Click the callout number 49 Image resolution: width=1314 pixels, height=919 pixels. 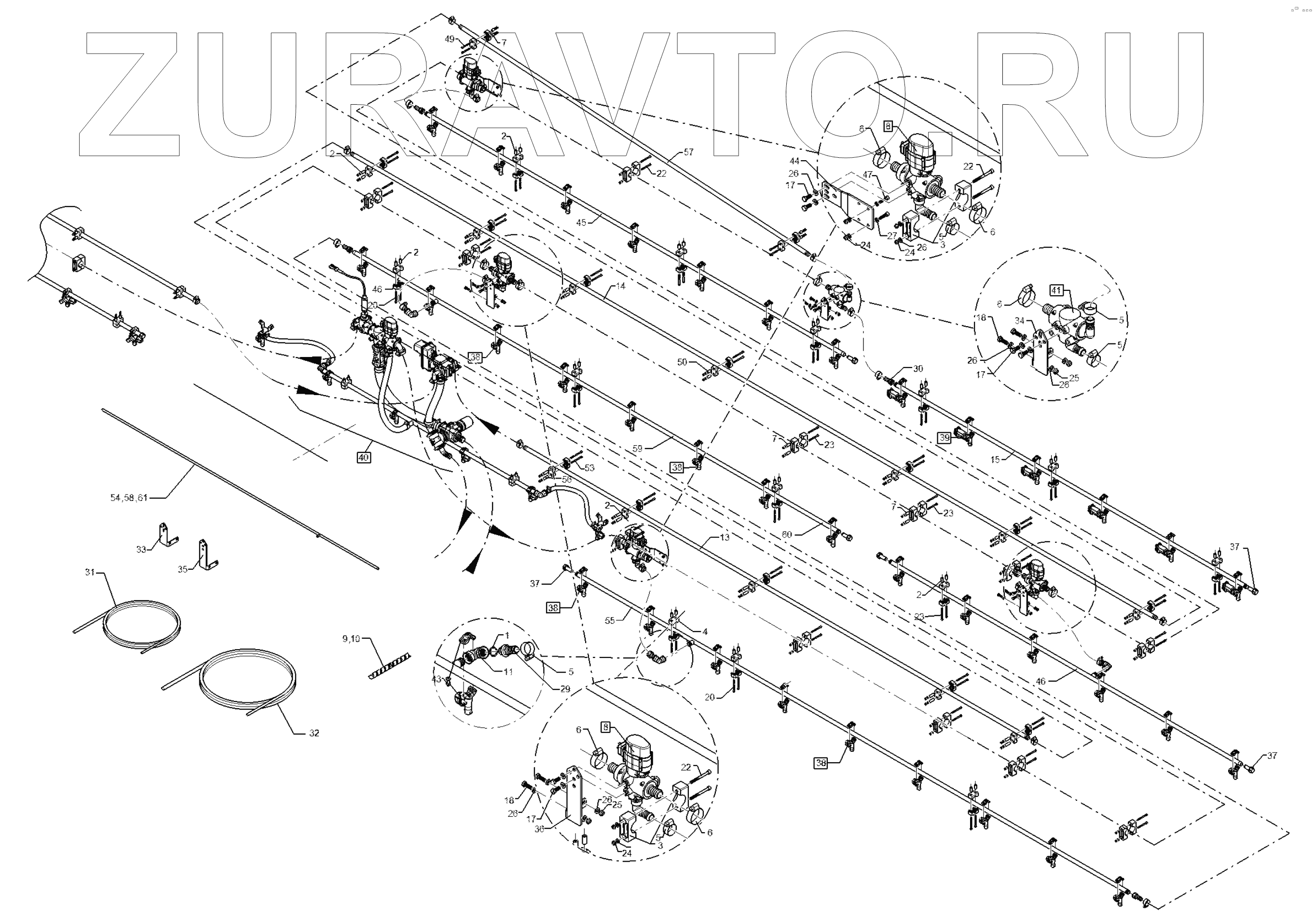click(x=449, y=39)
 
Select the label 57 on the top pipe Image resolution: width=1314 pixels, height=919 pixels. click(x=688, y=152)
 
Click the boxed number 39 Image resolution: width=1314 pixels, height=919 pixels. click(x=944, y=438)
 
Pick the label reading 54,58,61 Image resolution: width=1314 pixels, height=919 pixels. click(x=129, y=498)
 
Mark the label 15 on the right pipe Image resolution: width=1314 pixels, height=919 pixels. click(x=996, y=459)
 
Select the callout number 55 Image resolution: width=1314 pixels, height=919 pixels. click(x=610, y=620)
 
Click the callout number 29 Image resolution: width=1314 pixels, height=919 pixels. click(x=565, y=689)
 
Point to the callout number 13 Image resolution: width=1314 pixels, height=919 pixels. click(x=725, y=538)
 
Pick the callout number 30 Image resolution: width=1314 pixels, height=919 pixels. click(x=918, y=369)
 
